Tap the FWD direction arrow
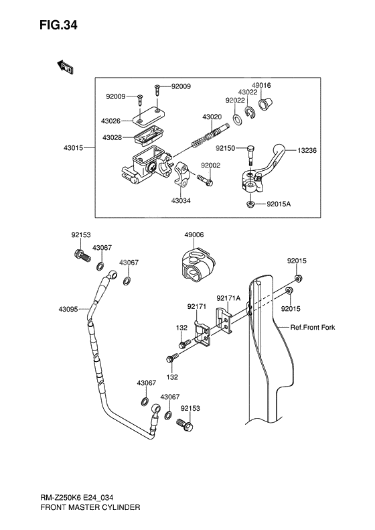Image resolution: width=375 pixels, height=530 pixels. click(x=65, y=66)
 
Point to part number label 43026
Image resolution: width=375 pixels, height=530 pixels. click(x=111, y=121)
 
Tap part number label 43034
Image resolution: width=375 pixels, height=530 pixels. click(x=181, y=200)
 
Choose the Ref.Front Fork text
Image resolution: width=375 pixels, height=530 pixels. click(x=312, y=328)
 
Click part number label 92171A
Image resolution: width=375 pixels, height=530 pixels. click(x=228, y=298)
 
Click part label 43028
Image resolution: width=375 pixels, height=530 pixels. click(x=111, y=137)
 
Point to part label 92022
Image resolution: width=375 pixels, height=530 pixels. click(x=234, y=100)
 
